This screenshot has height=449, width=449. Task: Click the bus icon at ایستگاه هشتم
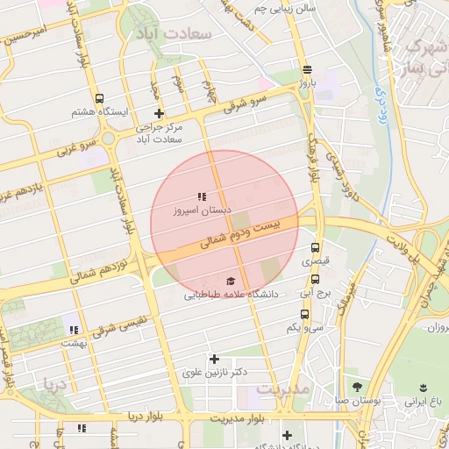pyautogui.click(x=98, y=98)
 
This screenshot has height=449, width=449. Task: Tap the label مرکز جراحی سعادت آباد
pyautogui.click(x=159, y=133)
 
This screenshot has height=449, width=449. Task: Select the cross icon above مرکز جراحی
pyautogui.click(x=159, y=113)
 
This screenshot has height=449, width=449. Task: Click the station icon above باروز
pyautogui.click(x=306, y=69)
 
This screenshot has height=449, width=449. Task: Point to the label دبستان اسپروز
pyautogui.click(x=202, y=211)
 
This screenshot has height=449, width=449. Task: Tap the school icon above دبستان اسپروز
pyautogui.click(x=202, y=196)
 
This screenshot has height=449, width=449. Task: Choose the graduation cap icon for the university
pyautogui.click(x=231, y=281)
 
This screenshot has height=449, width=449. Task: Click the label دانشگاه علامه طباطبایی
pyautogui.click(x=231, y=296)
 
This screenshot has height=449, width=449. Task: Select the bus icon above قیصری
pyautogui.click(x=316, y=247)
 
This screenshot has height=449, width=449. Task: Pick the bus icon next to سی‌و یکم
pyautogui.click(x=304, y=313)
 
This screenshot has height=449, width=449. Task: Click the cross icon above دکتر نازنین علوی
pyautogui.click(x=214, y=359)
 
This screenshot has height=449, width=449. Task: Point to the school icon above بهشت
pyautogui.click(x=73, y=330)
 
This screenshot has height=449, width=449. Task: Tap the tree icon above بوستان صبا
pyautogui.click(x=356, y=387)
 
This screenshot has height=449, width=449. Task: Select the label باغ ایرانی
pyautogui.click(x=425, y=402)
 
